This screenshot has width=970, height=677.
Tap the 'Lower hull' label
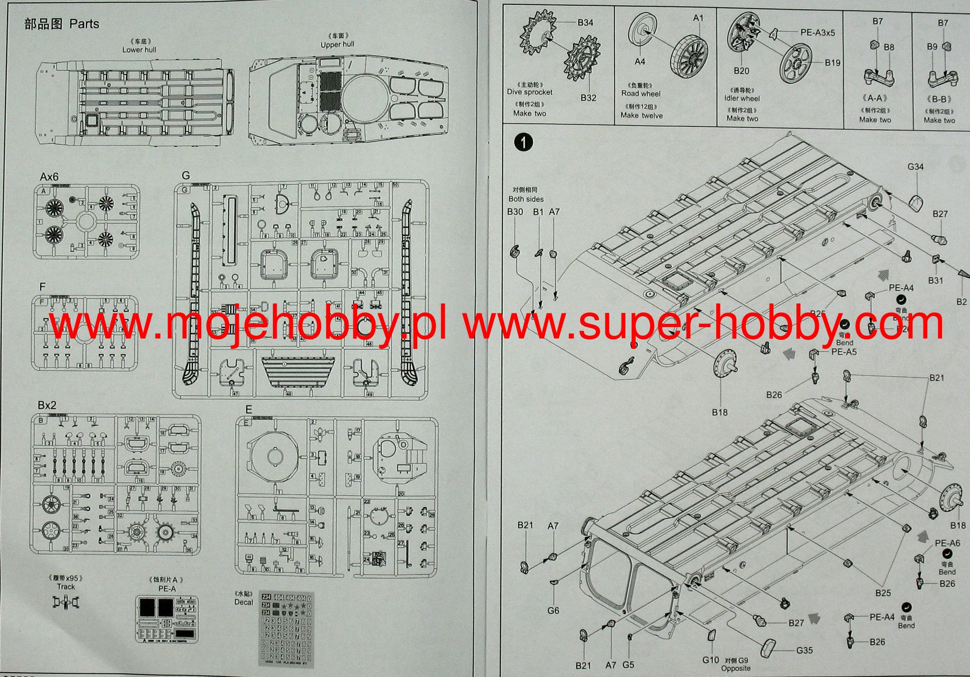pos(139,50)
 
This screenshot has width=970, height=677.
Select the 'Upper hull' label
pos(337,45)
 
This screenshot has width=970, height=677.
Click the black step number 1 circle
pos(523,143)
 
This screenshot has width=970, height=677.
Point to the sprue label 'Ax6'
pos(49,177)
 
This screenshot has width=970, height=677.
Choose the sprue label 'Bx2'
pos(47,405)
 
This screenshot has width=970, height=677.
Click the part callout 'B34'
pos(585,23)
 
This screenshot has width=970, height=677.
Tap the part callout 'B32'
pos(589,98)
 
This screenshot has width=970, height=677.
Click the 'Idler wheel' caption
pos(742,98)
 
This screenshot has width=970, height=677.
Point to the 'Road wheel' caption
pos(641,94)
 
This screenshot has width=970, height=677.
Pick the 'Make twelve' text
pos(641,116)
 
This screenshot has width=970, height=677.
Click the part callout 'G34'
pos(916,167)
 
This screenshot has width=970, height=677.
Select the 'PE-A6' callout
pos(947,543)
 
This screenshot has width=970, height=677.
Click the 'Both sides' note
pos(526,199)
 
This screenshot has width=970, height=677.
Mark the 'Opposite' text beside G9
pos(736,668)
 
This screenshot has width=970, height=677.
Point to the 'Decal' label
pos(243,602)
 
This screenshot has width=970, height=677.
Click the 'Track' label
pos(66,587)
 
